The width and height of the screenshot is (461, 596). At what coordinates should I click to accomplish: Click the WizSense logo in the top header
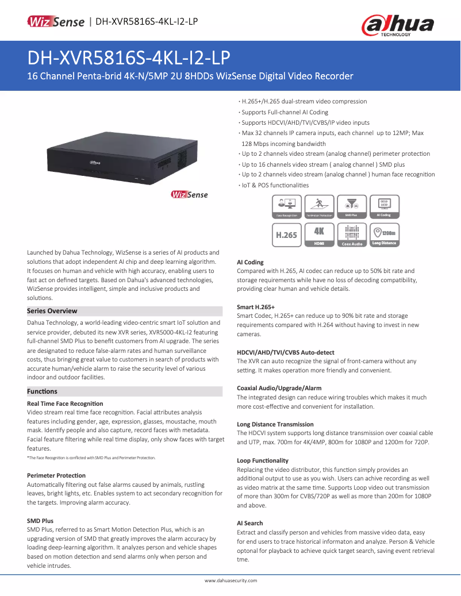(x=56, y=22)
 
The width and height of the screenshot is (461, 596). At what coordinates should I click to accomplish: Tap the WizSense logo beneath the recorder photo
(x=189, y=194)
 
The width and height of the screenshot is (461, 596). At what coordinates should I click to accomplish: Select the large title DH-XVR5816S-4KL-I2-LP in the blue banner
(x=129, y=57)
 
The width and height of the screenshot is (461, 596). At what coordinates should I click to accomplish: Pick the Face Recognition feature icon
(x=286, y=206)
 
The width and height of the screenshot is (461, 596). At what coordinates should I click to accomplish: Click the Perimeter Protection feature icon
(x=319, y=206)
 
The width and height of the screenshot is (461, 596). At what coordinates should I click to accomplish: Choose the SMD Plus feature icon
(x=351, y=206)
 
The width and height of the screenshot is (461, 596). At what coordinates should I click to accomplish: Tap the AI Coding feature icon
(x=383, y=206)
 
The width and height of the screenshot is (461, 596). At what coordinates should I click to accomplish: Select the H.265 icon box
(x=286, y=235)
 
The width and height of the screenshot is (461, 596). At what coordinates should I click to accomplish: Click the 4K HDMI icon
(x=319, y=235)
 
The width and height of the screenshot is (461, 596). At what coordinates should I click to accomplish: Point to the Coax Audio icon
(x=351, y=235)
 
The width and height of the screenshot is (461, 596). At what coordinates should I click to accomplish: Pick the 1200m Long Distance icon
(x=383, y=235)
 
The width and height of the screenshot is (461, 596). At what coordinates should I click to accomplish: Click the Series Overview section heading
(x=52, y=311)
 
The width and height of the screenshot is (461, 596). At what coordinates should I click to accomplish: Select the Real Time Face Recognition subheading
(x=65, y=403)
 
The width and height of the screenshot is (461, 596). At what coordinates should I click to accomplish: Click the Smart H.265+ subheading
(x=256, y=307)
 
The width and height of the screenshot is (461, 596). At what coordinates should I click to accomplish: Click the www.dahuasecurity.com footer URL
(x=230, y=580)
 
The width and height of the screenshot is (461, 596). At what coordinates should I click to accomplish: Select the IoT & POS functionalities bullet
(x=275, y=185)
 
